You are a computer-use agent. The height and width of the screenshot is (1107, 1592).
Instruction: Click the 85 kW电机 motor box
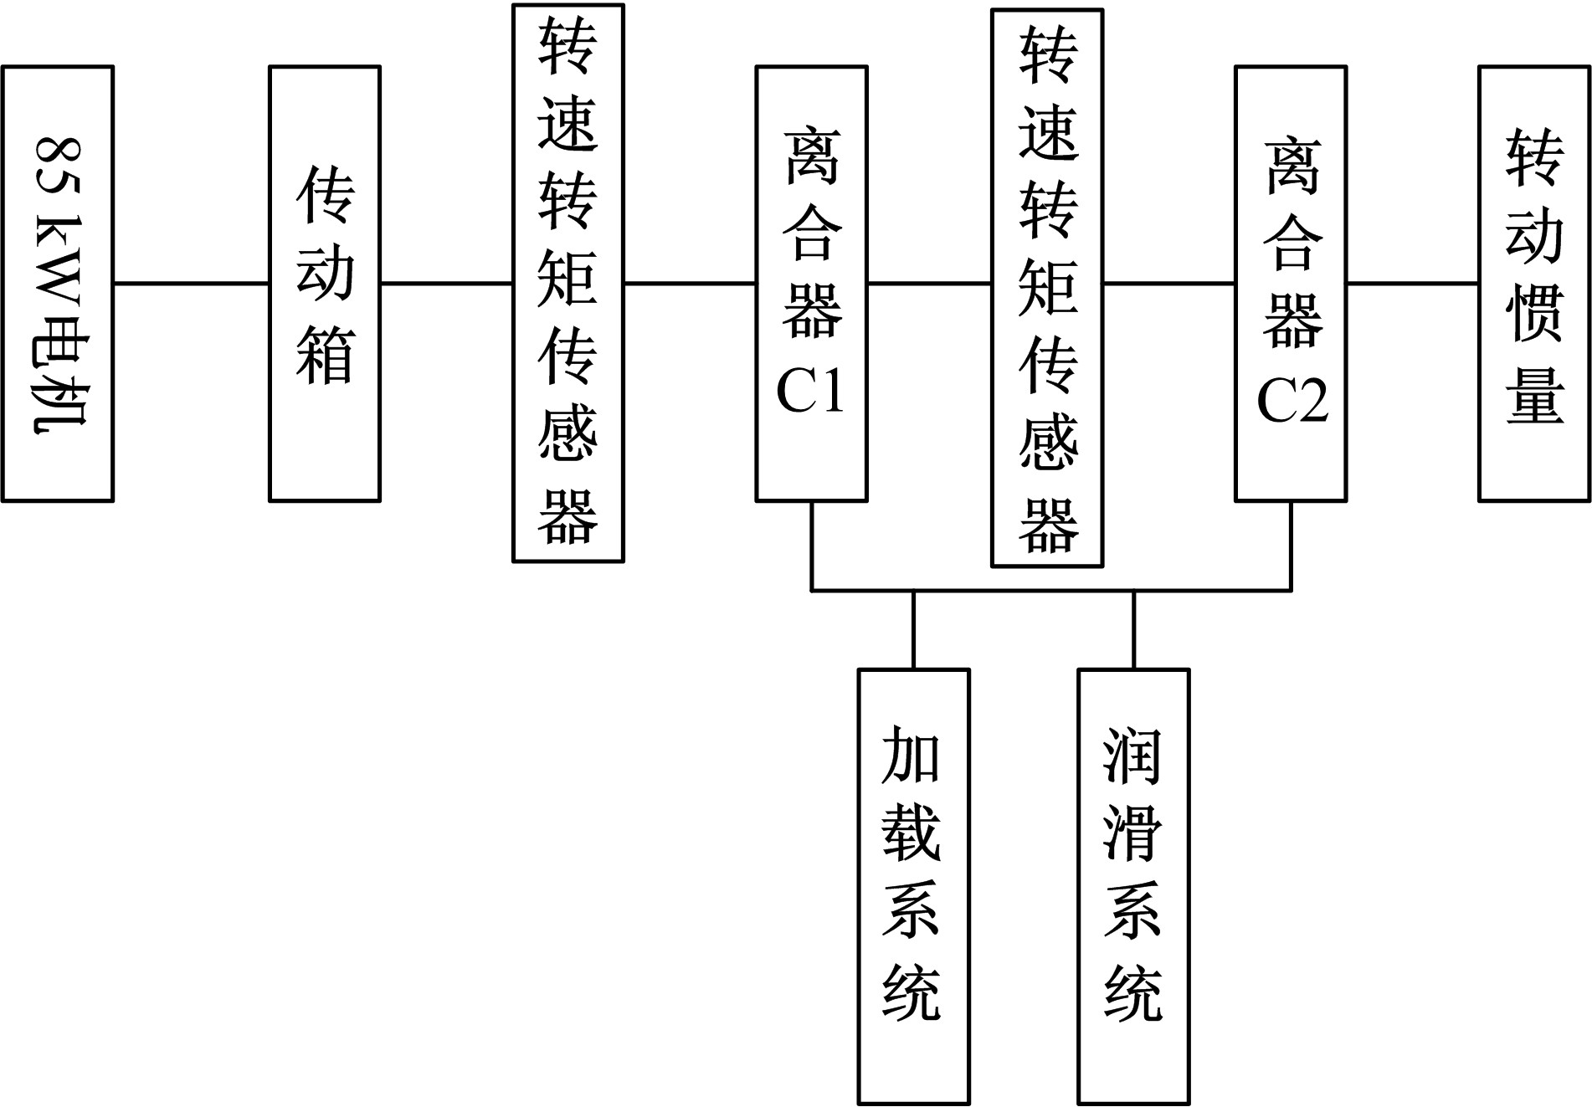(x=57, y=284)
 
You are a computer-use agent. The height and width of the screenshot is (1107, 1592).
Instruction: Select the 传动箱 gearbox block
(x=325, y=284)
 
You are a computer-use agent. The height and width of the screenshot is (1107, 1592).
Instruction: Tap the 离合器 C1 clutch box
(x=811, y=284)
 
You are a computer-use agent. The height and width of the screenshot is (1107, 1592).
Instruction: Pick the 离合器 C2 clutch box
(x=1291, y=284)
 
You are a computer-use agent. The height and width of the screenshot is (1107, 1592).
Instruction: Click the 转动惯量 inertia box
(x=1534, y=284)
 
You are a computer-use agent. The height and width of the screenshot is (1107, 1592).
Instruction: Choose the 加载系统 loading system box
(x=913, y=886)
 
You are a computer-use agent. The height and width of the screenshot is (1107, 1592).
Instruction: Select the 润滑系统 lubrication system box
(x=1133, y=886)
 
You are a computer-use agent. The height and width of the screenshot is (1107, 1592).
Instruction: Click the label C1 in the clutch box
(x=810, y=390)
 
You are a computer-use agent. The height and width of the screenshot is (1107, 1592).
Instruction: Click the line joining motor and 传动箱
(x=191, y=284)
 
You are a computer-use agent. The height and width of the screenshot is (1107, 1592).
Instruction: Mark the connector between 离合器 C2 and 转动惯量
(x=1412, y=284)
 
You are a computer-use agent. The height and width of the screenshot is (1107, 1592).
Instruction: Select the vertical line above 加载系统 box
(x=913, y=629)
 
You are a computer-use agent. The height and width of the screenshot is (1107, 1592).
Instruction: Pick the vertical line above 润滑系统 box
(x=1134, y=629)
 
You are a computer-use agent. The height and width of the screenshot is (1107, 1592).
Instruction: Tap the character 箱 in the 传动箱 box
(x=325, y=356)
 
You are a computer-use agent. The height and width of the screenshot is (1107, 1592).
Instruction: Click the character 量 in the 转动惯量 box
(x=1535, y=393)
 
